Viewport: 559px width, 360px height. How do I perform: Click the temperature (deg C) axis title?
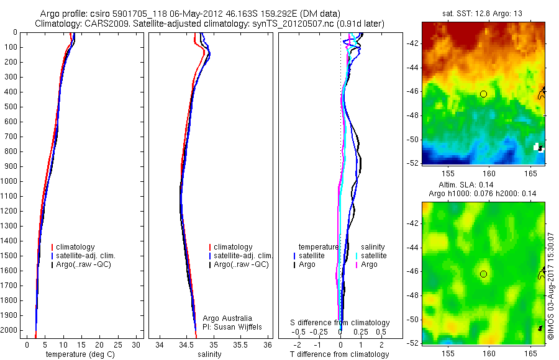click(x=80, y=354)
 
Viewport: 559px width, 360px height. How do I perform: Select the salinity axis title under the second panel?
click(x=209, y=354)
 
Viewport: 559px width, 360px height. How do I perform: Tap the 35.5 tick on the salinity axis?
click(x=241, y=344)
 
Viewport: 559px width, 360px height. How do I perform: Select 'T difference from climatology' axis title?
click(x=339, y=354)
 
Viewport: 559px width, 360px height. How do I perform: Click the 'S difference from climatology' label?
click(x=340, y=323)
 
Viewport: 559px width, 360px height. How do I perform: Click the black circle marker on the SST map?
click(x=483, y=94)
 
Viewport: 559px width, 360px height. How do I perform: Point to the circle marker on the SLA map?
click(x=483, y=274)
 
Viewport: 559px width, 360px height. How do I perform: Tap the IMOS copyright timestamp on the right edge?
click(x=551, y=285)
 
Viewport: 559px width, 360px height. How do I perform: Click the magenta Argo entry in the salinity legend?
click(x=369, y=264)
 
